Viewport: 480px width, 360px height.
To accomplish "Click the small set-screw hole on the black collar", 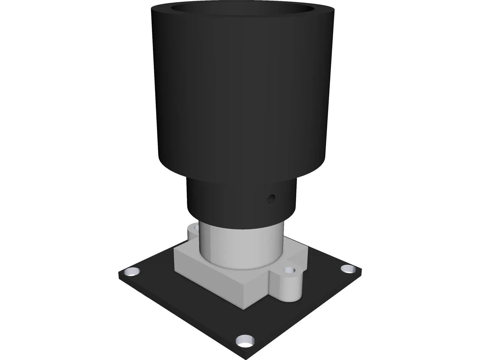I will [x=272, y=198].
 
